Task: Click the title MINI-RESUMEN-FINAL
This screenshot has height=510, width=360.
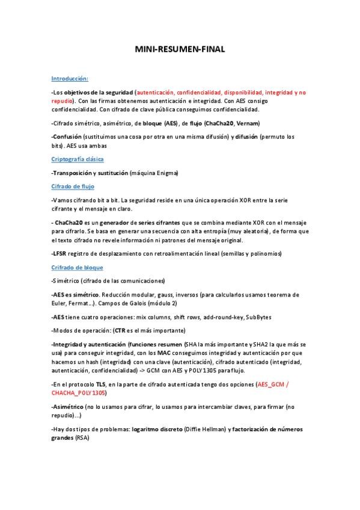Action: coord(180,51)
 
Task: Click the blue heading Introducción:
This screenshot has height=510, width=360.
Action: coord(70,79)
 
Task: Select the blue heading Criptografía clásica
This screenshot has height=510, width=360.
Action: coord(78,159)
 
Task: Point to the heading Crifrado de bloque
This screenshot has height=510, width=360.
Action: coord(78,267)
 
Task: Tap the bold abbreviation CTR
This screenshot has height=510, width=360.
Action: coord(120,330)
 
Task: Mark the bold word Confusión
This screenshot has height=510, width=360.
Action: coord(67,137)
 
